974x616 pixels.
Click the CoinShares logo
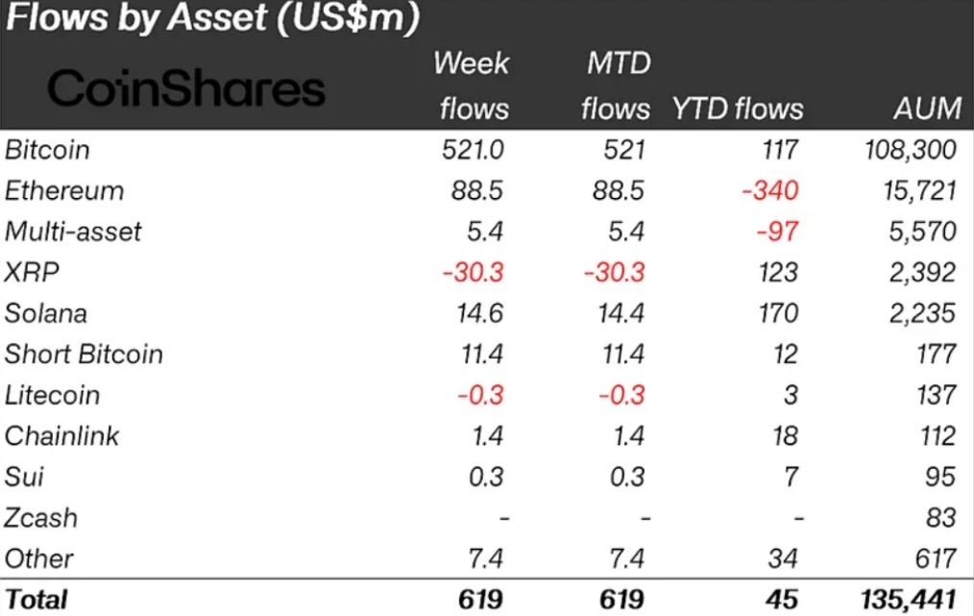tap(186, 88)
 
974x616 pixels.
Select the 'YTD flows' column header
tap(738, 109)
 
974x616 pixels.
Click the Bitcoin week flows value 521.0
tap(471, 150)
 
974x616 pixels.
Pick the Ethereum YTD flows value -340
tap(769, 190)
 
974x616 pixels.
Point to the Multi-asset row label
tap(73, 232)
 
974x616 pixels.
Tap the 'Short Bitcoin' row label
tap(84, 354)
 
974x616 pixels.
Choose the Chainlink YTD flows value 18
tap(784, 435)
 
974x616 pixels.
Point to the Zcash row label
tap(40, 518)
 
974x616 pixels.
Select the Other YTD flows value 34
tap(783, 558)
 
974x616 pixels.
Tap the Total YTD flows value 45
tap(782, 599)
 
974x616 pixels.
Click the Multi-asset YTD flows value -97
tap(776, 232)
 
